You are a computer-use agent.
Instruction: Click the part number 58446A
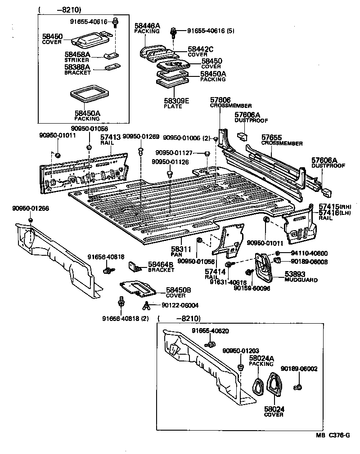click(x=147, y=26)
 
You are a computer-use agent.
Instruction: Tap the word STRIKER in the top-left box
click(x=77, y=59)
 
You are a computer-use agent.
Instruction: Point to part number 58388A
click(x=78, y=67)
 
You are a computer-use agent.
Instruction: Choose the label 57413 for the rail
click(x=110, y=137)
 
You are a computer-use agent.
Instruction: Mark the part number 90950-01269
click(x=141, y=137)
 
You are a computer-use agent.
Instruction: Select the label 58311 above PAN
click(x=182, y=249)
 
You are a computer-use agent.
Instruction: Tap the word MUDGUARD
click(x=301, y=280)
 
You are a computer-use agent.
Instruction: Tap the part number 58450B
click(x=179, y=290)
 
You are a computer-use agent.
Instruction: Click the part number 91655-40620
click(x=210, y=331)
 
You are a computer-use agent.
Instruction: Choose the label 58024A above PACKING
click(x=261, y=358)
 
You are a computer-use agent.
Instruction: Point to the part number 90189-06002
click(x=299, y=369)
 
